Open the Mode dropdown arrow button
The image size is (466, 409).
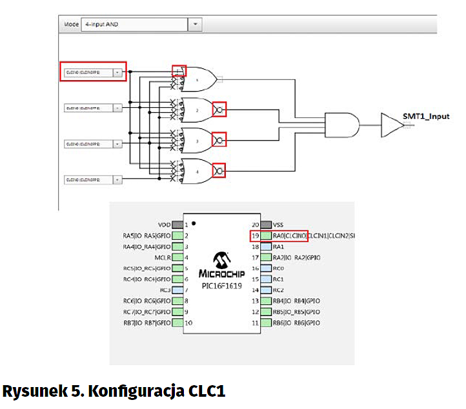196,25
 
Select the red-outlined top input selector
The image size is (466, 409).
94,72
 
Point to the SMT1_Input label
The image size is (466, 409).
426,115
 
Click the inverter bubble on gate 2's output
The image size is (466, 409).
220,109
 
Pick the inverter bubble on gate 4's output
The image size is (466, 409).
220,170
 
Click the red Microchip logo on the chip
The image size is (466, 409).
221,260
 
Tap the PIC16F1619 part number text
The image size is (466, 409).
221,285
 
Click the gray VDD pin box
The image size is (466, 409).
177,224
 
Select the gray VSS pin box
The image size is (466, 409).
265,224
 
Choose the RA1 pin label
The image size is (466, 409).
279,246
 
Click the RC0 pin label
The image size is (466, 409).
279,268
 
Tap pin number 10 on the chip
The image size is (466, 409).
188,323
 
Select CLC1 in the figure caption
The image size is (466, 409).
206,391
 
